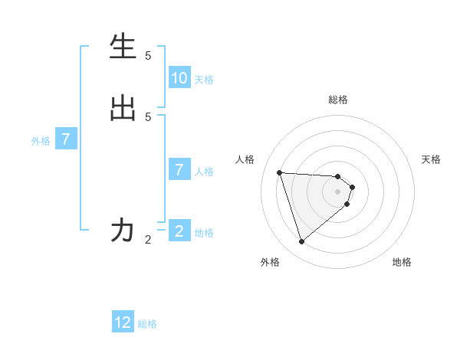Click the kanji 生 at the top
pyautogui.click(x=123, y=47)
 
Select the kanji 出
pyautogui.click(x=123, y=108)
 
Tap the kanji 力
pyautogui.click(x=123, y=230)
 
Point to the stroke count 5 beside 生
pyautogui.click(x=148, y=55)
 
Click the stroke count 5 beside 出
pyautogui.click(x=148, y=116)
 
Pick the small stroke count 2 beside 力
pyautogui.click(x=148, y=239)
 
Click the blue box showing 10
pyautogui.click(x=179, y=77)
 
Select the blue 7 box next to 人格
pyautogui.click(x=179, y=170)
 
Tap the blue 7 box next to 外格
pyautogui.click(x=66, y=139)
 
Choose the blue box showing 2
pyautogui.click(x=179, y=231)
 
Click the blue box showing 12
pyautogui.click(x=123, y=322)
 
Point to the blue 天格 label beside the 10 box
pyautogui.click(x=204, y=79)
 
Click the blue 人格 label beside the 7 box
pyautogui.click(x=204, y=172)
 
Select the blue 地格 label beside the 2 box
pyautogui.click(x=204, y=233)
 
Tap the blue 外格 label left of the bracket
pyautogui.click(x=41, y=141)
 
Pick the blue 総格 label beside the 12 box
pyautogui.click(x=147, y=324)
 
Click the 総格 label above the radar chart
pyautogui.click(x=338, y=100)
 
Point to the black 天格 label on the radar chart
pyautogui.click(x=432, y=159)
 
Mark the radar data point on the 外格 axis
pyautogui.click(x=301, y=242)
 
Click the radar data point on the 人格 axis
pyautogui.click(x=279, y=172)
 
